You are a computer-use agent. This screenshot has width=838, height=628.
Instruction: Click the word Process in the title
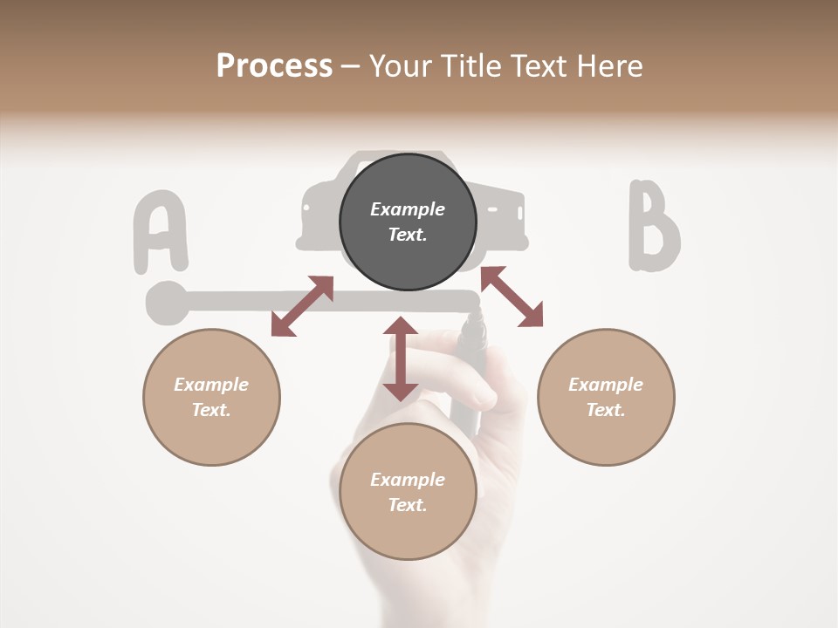coord(274,66)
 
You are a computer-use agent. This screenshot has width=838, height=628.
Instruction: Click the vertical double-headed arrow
coord(401,358)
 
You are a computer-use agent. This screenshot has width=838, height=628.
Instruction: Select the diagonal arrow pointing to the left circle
coord(302,306)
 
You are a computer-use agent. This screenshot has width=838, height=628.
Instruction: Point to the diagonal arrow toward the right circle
coord(512,297)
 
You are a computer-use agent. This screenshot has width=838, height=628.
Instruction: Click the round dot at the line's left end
coord(166,302)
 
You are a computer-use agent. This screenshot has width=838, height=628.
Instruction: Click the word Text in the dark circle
coord(408,235)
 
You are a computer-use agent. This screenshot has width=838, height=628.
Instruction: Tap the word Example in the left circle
coord(211,385)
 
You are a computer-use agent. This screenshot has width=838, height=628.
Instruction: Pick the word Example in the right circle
coord(606,385)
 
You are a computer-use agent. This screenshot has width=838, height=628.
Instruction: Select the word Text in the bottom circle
coord(408,505)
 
